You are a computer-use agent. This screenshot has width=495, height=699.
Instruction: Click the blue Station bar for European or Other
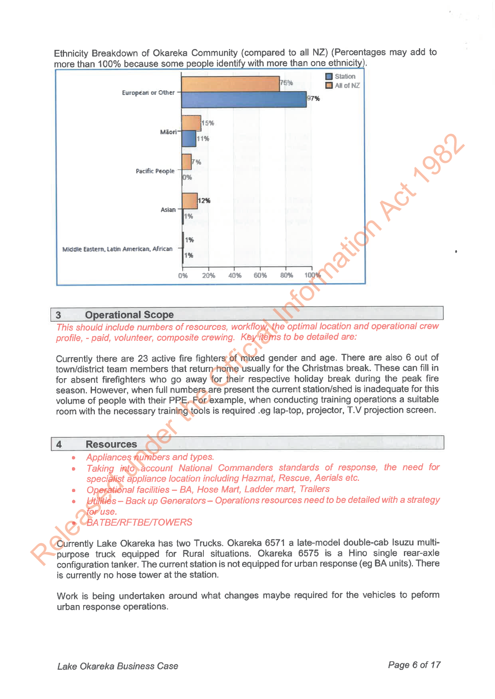coord(244,100)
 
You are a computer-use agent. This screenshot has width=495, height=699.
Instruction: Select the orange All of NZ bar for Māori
coord(191,123)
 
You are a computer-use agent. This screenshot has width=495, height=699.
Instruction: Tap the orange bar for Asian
coord(190,201)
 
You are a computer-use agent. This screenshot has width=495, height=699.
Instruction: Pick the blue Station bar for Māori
coord(189,138)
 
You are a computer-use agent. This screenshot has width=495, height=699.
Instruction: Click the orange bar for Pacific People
coord(187,162)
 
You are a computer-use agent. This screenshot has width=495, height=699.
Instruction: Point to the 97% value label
coord(314,98)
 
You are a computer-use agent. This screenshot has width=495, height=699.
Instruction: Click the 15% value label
coord(208,123)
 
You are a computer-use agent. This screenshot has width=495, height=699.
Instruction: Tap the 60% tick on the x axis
coord(260,275)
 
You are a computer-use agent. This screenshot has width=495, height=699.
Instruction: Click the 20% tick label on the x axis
coord(209,276)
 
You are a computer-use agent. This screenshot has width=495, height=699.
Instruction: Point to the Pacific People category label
coord(155,171)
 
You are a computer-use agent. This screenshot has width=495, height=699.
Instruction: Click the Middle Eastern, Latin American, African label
coord(117,249)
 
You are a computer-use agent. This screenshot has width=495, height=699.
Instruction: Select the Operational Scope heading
coord(129,315)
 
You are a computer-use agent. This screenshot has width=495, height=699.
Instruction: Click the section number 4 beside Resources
coord(59,444)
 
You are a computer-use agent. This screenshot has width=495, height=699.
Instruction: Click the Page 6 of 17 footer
coord(414,665)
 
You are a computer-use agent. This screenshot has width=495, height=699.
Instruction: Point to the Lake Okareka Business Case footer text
coord(118,666)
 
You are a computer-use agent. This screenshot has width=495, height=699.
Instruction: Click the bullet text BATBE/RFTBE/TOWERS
coord(139,522)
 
